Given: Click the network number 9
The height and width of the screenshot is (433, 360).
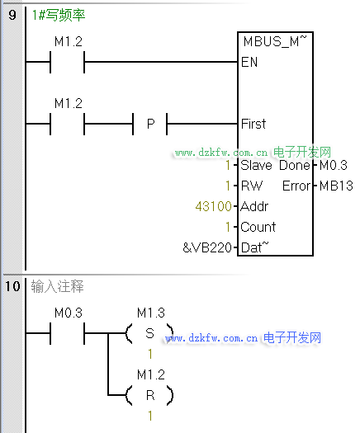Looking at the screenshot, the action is (x=12, y=14).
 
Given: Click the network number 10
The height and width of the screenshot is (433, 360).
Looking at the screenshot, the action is (x=13, y=286).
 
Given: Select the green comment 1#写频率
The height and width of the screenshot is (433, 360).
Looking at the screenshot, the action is (x=59, y=15).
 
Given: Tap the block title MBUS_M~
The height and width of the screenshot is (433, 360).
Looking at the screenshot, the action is (x=275, y=41).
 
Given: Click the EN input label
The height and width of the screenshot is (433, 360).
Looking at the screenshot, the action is (x=249, y=62).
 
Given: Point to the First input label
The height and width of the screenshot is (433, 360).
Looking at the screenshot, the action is (x=253, y=124).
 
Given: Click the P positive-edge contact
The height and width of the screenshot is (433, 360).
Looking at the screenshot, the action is (x=150, y=124).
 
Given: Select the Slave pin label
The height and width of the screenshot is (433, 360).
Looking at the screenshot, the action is (x=256, y=165).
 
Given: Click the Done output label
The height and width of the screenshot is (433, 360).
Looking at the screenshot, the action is (x=295, y=165).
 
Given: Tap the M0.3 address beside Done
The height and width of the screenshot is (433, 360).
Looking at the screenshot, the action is (x=334, y=165).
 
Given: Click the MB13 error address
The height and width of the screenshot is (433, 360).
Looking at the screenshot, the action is (x=336, y=186).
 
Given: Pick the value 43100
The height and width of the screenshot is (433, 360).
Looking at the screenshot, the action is (x=214, y=206).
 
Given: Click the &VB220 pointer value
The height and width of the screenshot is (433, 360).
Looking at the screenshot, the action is (x=207, y=247).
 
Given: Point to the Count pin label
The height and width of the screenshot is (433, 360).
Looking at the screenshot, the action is (x=258, y=227).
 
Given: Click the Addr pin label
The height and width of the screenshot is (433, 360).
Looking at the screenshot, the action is (x=254, y=206).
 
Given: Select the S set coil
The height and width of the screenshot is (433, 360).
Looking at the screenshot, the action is (x=149, y=333).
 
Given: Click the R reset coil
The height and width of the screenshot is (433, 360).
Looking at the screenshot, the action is (x=149, y=395).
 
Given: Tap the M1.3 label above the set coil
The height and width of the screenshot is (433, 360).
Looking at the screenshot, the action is (x=151, y=313).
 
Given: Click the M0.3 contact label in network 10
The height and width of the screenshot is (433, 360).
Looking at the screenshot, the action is (x=69, y=313).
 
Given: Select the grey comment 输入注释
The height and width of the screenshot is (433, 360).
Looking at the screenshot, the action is (x=57, y=286).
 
